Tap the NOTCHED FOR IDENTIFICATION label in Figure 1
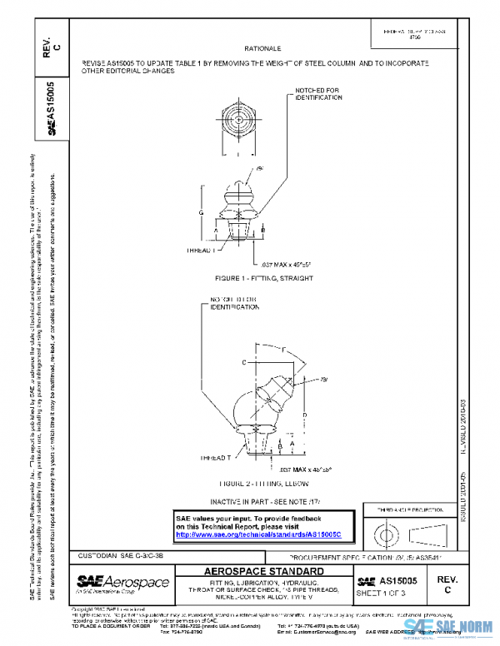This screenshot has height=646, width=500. pos(318,93)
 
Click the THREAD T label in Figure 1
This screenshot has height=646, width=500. pos(201,249)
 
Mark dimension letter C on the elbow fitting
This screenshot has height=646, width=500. pos(243,363)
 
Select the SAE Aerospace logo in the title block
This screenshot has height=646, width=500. pos(122,583)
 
